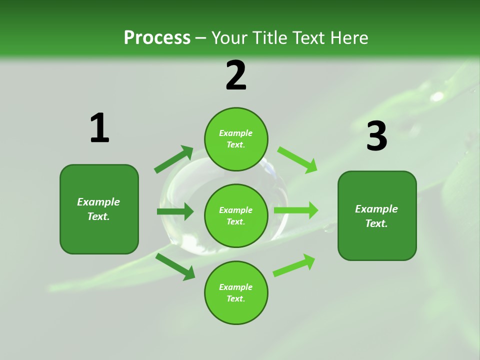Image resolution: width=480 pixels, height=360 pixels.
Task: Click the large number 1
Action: (100, 127)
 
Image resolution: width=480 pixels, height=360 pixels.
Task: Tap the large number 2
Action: (236, 75)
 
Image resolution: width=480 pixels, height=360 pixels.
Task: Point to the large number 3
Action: (377, 136)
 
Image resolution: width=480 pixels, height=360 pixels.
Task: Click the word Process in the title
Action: (157, 37)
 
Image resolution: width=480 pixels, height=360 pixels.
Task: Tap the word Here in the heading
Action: (349, 37)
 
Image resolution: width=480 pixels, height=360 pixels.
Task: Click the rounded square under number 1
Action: (99, 209)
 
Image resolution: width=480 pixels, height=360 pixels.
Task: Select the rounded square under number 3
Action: (377, 216)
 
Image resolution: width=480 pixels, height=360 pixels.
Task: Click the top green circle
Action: (236, 139)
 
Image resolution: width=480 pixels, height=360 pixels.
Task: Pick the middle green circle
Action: (236, 216)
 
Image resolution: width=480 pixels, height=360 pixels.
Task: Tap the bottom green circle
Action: (236, 292)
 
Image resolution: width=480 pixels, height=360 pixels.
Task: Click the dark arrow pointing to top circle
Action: (173, 159)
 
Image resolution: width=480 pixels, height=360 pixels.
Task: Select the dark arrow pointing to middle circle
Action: (175, 211)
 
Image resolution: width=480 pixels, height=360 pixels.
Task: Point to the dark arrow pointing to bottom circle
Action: (175, 267)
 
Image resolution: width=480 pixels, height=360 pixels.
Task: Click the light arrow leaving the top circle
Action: (297, 160)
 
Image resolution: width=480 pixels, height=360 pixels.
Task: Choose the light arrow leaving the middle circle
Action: (296, 210)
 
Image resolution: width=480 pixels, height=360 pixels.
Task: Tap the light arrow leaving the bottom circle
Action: (294, 265)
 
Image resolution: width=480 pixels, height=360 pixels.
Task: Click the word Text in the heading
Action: (309, 37)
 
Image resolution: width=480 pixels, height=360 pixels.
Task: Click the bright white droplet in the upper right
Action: (436, 96)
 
